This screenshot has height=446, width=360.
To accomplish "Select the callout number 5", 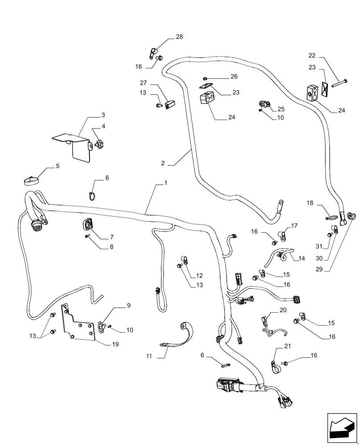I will coord(57,166).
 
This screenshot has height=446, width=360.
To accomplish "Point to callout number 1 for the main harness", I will coord(166,183).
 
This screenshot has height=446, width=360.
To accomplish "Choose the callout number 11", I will coord(148,356).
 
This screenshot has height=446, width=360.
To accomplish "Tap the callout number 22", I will coord(312,55).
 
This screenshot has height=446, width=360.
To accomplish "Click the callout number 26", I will coord(233,77).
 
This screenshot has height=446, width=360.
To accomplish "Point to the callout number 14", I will coord(302,258).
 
